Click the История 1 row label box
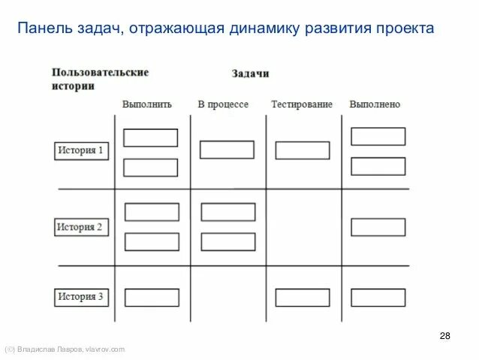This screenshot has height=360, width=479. click(81, 150)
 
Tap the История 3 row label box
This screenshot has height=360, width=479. click(81, 296)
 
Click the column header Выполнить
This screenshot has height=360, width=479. click(147, 104)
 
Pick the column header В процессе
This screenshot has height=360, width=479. click(223, 104)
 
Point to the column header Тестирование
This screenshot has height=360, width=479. click(301, 104)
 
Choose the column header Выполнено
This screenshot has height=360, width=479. click(375, 104)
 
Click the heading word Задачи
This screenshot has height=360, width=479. click(250, 74)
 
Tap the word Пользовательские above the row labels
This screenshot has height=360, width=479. click(100, 73)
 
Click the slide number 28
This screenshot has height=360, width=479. click(444, 335)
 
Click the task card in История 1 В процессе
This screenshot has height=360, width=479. click(226, 150)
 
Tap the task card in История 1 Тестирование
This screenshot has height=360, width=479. click(302, 150)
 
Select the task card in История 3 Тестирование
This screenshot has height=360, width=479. click(302, 298)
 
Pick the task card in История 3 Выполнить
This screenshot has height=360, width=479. click(151, 298)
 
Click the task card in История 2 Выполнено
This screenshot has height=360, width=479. click(378, 227)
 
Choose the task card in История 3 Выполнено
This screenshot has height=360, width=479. click(378, 298)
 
